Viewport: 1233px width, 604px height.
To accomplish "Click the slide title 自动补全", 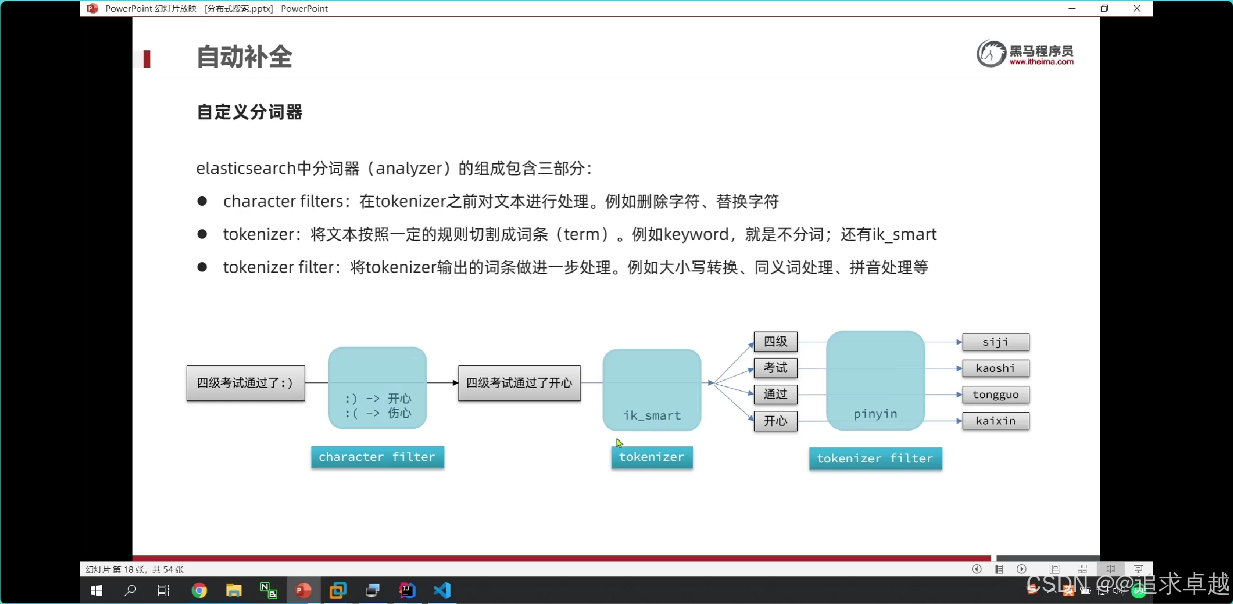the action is (x=244, y=57).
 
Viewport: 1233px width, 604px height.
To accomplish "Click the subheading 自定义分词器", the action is (x=250, y=112).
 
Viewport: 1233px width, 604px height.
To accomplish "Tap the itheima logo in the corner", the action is (x=1025, y=54).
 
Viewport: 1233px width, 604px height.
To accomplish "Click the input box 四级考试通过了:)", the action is (x=246, y=383).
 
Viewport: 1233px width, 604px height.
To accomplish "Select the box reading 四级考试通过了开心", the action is (x=519, y=383).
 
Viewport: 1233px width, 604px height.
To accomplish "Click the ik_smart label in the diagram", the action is (x=652, y=415).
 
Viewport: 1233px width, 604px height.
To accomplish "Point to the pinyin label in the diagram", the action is (x=875, y=414).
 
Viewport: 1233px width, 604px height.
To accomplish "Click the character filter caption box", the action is (x=377, y=457).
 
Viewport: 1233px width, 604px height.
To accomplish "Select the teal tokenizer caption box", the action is (x=652, y=457).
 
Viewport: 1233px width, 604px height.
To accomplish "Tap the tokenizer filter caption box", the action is (x=875, y=458).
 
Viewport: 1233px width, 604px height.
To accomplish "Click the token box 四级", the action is (x=775, y=342).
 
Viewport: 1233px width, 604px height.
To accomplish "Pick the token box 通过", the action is (x=775, y=394).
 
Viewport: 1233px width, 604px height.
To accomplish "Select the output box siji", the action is (x=995, y=342).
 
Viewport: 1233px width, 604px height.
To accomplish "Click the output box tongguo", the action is (x=995, y=394).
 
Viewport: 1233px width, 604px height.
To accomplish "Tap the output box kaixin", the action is (x=995, y=421).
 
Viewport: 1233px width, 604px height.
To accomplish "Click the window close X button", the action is (x=1137, y=8).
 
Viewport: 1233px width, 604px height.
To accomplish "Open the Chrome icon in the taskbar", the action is (x=199, y=590).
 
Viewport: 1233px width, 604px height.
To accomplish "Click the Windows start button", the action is (x=96, y=590).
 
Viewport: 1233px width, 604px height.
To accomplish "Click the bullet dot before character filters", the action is (x=202, y=201).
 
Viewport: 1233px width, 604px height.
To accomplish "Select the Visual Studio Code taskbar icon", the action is (x=442, y=590).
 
